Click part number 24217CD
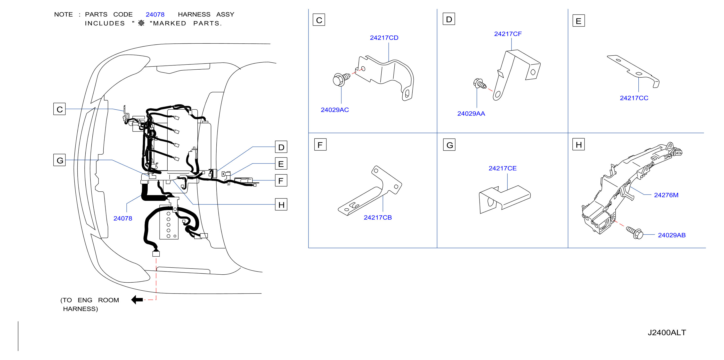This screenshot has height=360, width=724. tap(384, 38)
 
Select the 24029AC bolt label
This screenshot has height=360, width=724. tap(335, 110)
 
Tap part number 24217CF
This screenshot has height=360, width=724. tap(508, 34)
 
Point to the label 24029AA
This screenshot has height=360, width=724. tap(471, 114)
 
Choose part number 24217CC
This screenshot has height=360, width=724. tap(634, 98)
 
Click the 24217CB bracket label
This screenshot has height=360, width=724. tap(378, 218)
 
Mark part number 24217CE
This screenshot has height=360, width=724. tap(503, 168)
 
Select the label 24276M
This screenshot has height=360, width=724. tap(666, 195)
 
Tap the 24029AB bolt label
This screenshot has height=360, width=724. tap(672, 235)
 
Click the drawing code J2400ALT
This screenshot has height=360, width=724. tap(667, 333)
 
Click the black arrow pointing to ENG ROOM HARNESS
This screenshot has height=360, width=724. tap(137, 300)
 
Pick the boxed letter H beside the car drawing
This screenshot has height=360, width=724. tap(281, 205)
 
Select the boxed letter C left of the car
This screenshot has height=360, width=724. tap(60, 109)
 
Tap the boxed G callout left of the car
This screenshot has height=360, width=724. tap(60, 160)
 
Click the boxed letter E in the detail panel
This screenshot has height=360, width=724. tap(579, 21)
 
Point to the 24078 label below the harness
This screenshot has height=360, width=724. tap(123, 218)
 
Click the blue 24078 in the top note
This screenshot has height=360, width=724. tap(155, 15)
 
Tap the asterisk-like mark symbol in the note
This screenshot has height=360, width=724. tap(141, 23)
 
